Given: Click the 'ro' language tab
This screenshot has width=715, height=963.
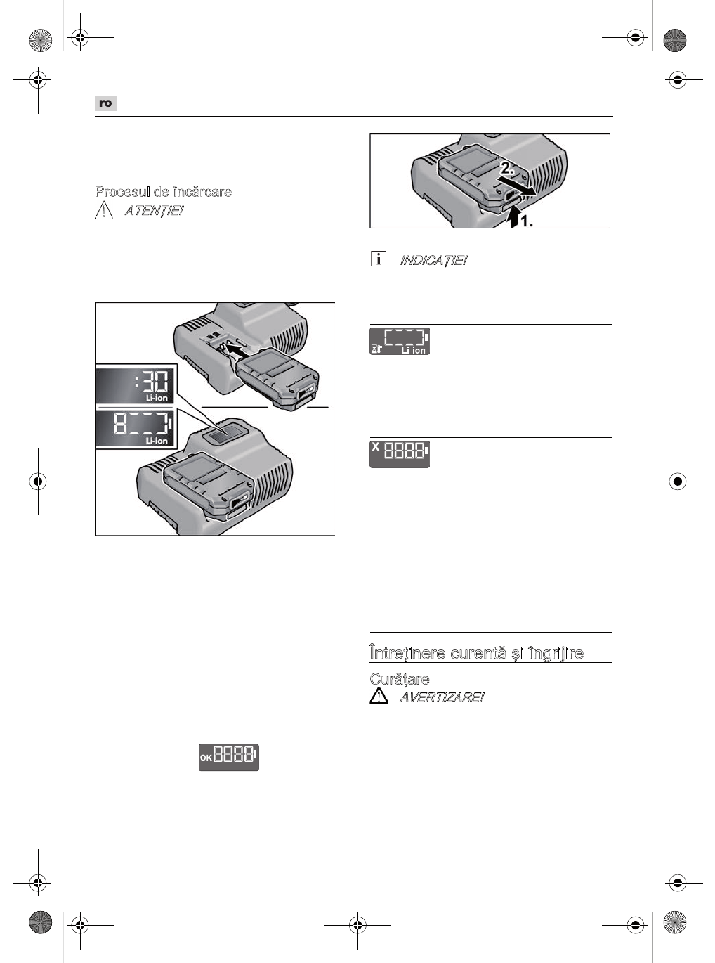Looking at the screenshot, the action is coord(105,103).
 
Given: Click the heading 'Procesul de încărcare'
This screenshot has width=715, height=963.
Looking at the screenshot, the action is coord(163,192).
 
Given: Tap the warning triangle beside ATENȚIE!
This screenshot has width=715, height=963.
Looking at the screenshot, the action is coord(103,210).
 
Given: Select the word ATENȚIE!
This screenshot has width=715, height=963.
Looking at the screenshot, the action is coord(153,211).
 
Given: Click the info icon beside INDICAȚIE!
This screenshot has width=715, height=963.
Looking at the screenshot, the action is coord(378,259).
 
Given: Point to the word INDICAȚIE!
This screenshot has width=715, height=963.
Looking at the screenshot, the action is coord(433,261).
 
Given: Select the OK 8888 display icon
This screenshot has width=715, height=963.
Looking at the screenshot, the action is coord(228,757).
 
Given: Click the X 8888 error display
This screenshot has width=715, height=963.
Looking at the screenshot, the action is coord(400,453).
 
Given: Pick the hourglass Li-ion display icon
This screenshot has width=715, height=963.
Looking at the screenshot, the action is coord(400,341).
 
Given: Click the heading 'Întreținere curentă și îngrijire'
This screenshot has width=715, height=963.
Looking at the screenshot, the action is coord(476,653).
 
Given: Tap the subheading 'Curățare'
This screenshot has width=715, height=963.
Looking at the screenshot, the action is coord(400,679).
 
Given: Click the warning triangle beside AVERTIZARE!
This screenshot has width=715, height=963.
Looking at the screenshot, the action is coord(379,697).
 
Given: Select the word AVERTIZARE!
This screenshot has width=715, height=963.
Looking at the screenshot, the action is coord(441,698).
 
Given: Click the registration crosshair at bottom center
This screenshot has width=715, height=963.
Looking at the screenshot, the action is coord(357,925).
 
